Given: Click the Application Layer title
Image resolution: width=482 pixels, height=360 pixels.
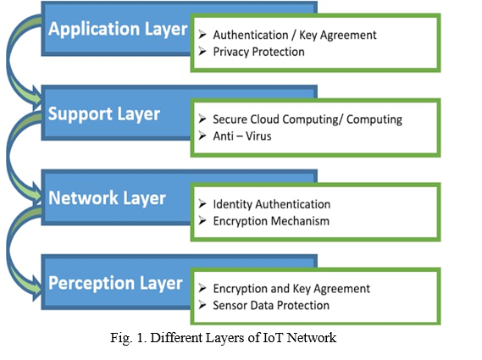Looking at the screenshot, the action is pyautogui.click(x=118, y=30).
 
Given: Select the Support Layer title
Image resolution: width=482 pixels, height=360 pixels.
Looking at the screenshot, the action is pyautogui.click(x=104, y=114).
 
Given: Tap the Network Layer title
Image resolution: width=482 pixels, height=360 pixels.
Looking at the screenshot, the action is pyautogui.click(x=107, y=198).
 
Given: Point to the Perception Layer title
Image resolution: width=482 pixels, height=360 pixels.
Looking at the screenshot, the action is pyautogui.click(x=115, y=283).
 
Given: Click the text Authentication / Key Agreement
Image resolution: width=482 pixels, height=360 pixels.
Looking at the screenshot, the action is pyautogui.click(x=295, y=35).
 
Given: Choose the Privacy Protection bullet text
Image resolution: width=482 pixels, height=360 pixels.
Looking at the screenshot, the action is pyautogui.click(x=259, y=52).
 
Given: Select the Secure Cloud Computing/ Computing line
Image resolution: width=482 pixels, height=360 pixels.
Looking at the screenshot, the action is pyautogui.click(x=307, y=119).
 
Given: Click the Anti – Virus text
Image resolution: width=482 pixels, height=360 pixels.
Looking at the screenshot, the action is pyautogui.click(x=242, y=136).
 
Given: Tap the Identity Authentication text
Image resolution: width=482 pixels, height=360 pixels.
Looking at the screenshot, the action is pyautogui.click(x=272, y=204).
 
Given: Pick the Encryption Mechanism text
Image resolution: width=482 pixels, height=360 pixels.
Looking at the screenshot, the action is pyautogui.click(x=271, y=221).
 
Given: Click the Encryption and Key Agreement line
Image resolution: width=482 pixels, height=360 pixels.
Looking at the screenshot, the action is pyautogui.click(x=291, y=289).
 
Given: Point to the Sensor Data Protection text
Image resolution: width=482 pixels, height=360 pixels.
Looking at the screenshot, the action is pyautogui.click(x=271, y=305).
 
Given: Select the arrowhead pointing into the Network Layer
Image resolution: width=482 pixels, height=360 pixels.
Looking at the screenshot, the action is pyautogui.click(x=36, y=194).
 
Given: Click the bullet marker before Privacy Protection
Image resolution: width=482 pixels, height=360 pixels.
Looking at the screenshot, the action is pyautogui.click(x=202, y=51).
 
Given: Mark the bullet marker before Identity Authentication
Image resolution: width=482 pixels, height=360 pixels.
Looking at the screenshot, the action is pyautogui.click(x=202, y=203).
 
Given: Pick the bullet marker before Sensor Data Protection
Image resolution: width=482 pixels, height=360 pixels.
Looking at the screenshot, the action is pyautogui.click(x=202, y=304).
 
